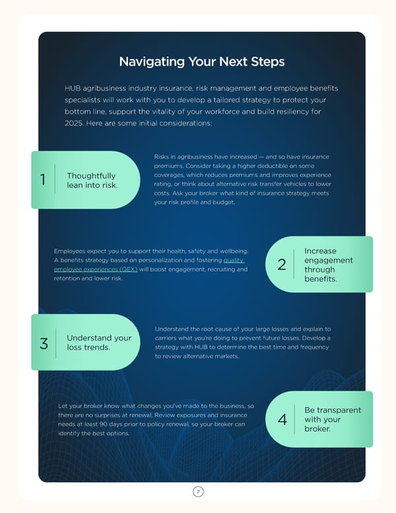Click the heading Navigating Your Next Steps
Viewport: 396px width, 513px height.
[x=202, y=62]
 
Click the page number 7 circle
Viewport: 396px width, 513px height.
[x=198, y=491]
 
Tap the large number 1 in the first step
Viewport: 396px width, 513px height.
[x=43, y=180]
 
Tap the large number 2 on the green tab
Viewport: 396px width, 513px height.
[x=282, y=264]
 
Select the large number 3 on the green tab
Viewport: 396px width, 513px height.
[x=44, y=344]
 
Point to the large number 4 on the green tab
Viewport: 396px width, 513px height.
[x=282, y=419]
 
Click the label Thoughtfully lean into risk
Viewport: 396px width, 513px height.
[x=92, y=180]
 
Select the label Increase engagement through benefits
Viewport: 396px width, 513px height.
[x=329, y=264]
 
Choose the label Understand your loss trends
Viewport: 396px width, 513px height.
[x=99, y=342]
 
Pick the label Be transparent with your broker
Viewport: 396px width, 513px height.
[x=333, y=419]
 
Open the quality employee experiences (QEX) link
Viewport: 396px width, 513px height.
[x=149, y=264]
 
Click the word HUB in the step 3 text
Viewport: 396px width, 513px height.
[x=201, y=347]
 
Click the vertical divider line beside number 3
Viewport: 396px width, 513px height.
[x=56, y=343]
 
